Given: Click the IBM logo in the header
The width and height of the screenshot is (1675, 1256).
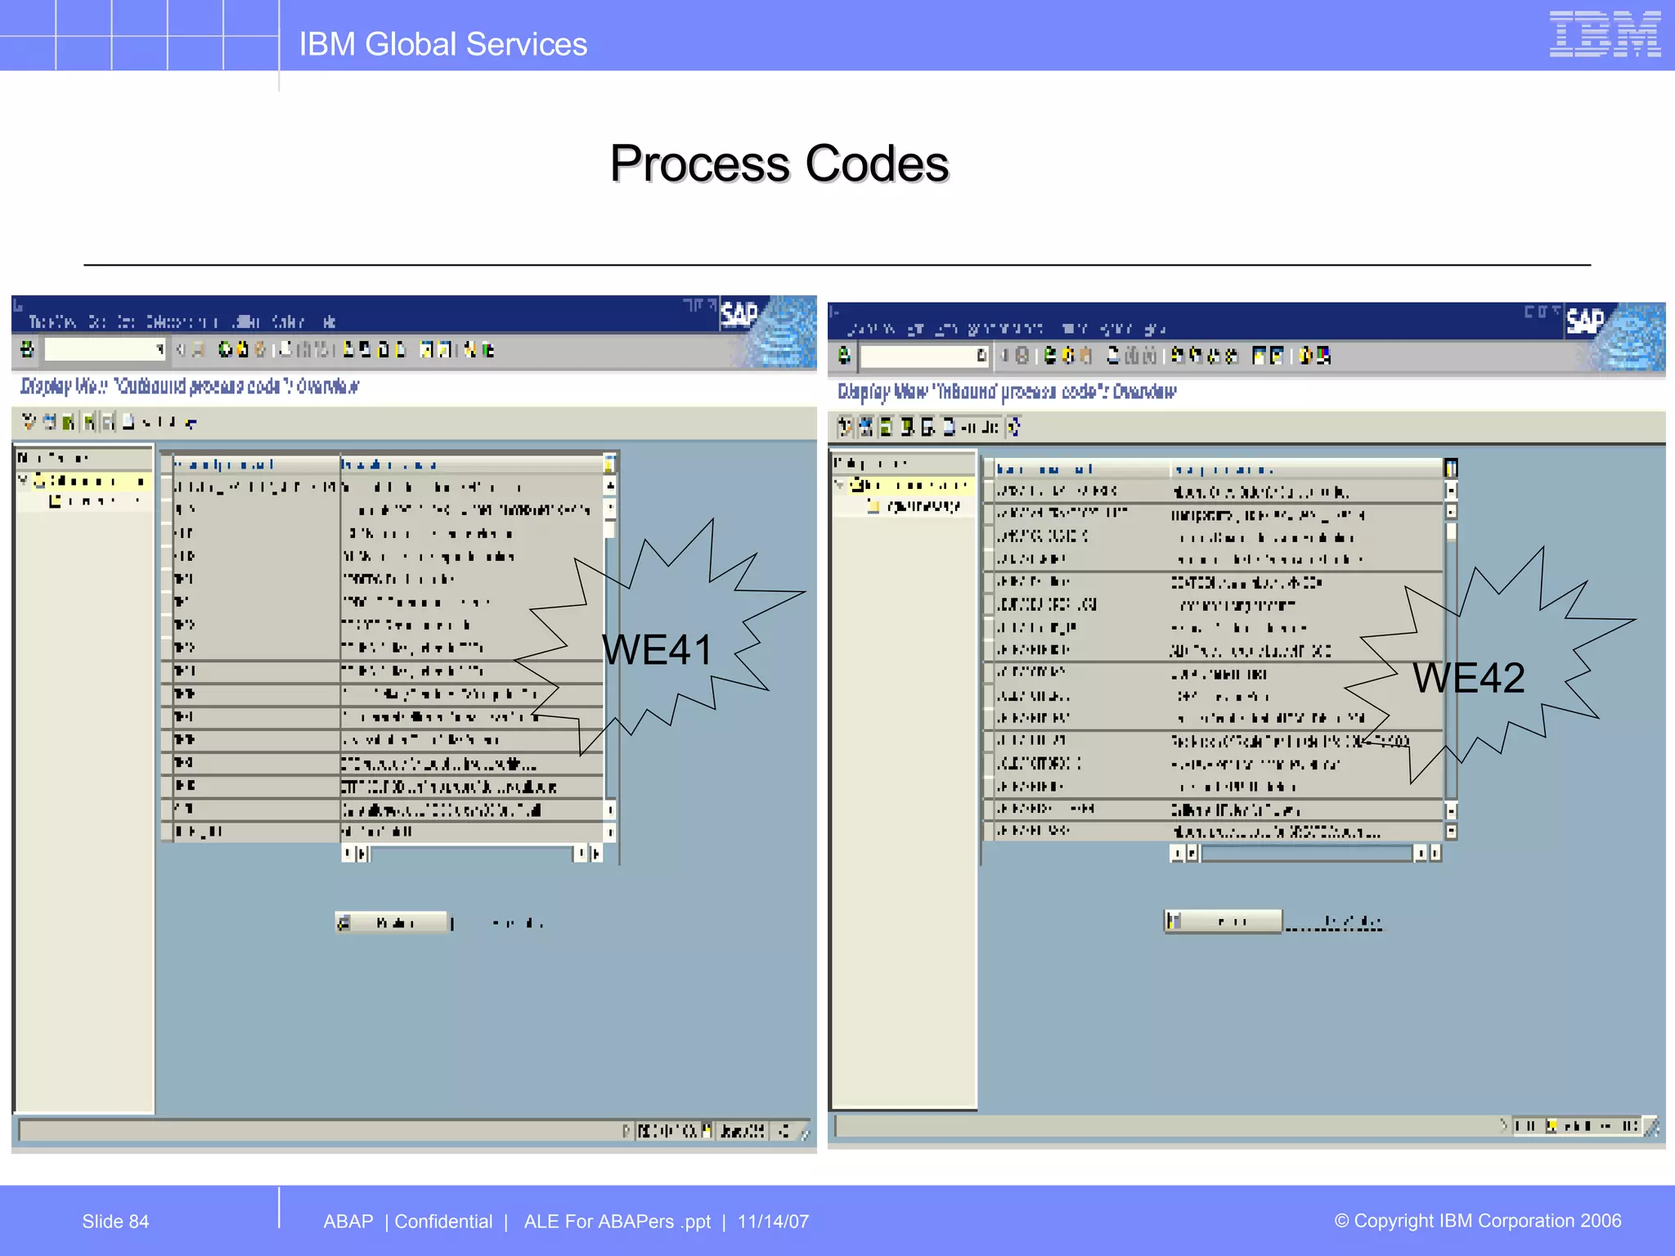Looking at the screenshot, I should tap(1604, 34).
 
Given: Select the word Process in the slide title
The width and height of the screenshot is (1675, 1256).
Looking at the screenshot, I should tap(700, 164).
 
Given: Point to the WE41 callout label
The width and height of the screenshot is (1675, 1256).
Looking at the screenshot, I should tap(658, 650).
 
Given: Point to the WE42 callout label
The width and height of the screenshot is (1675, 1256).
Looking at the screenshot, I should tap(1469, 678).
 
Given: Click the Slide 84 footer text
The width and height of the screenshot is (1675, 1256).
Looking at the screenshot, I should tap(115, 1221).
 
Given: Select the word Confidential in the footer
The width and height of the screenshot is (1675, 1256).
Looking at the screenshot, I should tap(443, 1221).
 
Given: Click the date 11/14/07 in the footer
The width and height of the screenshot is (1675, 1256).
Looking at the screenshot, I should tap(773, 1221).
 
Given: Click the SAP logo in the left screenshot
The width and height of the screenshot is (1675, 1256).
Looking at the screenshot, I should tap(739, 314).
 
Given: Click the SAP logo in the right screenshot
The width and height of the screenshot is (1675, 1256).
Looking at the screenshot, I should tap(1584, 321).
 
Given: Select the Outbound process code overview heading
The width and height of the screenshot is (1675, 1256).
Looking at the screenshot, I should tap(189, 386).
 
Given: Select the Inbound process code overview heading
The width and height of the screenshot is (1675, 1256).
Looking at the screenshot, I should tap(1006, 392).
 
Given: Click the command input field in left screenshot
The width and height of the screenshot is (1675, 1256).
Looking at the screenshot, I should tap(103, 350).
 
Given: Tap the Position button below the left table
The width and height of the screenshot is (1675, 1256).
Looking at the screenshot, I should tap(393, 922).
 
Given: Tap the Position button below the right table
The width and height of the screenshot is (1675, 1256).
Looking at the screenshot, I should tap(1224, 921).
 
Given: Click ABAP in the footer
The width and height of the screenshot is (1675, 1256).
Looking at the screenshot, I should tap(348, 1221).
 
